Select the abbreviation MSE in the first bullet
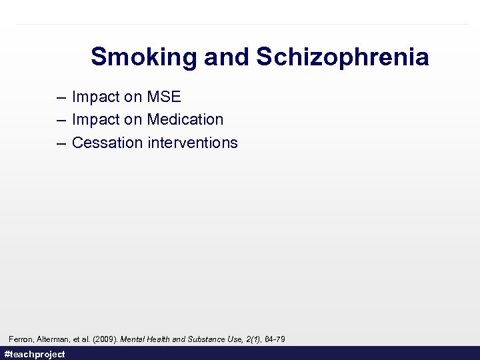click(x=164, y=97)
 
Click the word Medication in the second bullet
click(x=185, y=119)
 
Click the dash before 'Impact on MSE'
click(x=61, y=97)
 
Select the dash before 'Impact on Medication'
click(x=61, y=120)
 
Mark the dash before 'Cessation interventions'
click(x=61, y=143)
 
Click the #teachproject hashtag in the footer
click(x=35, y=354)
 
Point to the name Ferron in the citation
click(x=21, y=339)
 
